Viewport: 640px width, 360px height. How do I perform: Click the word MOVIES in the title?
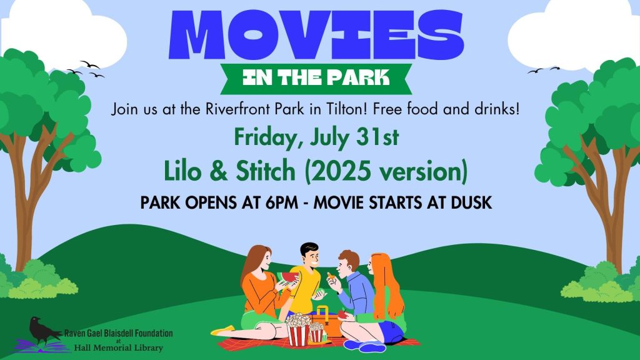(x=316, y=35)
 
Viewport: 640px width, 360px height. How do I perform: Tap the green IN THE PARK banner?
(x=316, y=78)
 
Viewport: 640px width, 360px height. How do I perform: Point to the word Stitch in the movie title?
(x=265, y=171)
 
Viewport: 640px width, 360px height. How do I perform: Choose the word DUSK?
(x=471, y=202)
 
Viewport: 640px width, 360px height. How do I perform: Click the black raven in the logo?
(x=44, y=331)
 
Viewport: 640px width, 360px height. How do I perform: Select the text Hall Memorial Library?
(x=118, y=348)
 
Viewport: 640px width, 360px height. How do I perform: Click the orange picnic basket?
(x=326, y=323)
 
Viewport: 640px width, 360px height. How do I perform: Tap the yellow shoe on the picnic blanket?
(x=223, y=331)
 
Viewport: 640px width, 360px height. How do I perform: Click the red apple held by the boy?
(x=342, y=315)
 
